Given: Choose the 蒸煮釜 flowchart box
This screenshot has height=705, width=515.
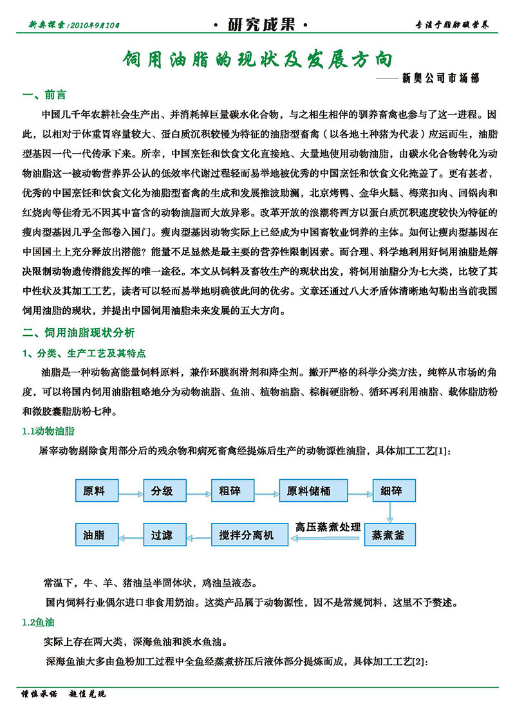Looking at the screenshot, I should pos(390,535).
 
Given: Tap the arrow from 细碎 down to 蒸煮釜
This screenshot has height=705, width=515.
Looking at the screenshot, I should pos(389,513).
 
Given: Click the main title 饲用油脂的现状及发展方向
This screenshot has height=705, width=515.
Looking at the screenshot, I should pos(257,59).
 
